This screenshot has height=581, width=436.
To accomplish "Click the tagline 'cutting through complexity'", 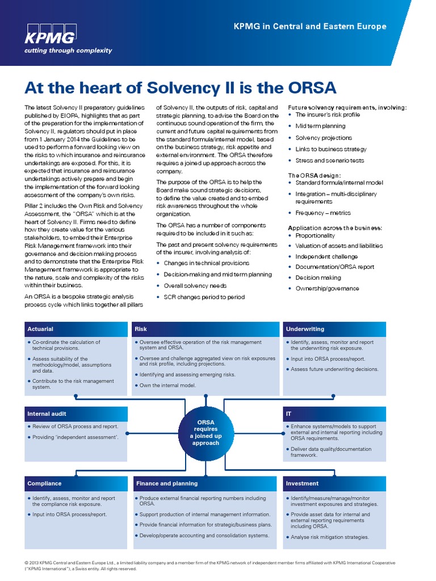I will click(68, 50).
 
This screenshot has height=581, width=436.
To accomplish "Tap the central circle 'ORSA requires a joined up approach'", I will click(206, 432).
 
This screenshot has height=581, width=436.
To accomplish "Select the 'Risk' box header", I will click(141, 329).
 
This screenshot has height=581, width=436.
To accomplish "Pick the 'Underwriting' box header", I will click(305, 329).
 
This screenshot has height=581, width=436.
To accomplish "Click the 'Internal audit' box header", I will click(47, 414).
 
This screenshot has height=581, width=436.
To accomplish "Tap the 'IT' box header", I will click(289, 414).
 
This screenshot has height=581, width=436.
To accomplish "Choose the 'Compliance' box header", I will click(44, 483).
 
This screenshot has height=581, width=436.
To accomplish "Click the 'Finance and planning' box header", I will click(167, 483).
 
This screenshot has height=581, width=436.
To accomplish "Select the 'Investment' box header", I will click(302, 483).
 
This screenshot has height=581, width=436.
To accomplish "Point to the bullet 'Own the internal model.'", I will click(167, 385).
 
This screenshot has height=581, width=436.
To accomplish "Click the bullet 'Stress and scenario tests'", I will click(322, 161).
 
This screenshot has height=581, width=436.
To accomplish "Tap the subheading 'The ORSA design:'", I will click(314, 175).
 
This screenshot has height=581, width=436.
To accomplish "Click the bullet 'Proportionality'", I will click(315, 235).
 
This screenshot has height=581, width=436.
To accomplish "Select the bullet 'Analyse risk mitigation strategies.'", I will click(329, 537).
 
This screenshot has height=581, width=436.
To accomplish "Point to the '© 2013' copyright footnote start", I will click(33, 563).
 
